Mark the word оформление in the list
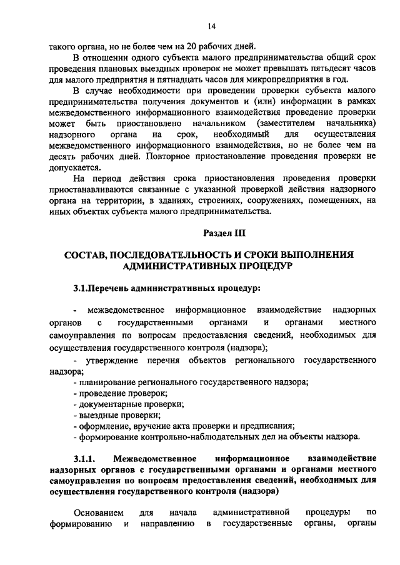pos(103,426)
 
